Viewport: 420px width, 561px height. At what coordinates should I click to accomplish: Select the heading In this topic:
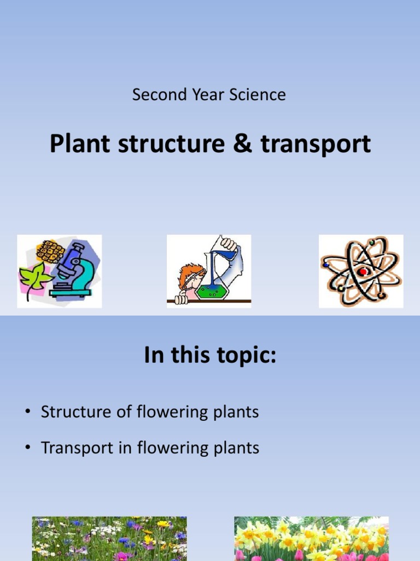[x=210, y=356]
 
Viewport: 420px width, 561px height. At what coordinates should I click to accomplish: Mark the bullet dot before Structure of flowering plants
[x=27, y=413]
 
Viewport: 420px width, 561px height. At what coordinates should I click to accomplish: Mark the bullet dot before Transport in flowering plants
[x=27, y=449]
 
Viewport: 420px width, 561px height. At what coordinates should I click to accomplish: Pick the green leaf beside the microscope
[x=34, y=277]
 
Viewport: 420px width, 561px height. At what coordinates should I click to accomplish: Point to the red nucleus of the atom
[x=362, y=272]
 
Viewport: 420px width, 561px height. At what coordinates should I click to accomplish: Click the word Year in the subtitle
[x=207, y=95]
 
